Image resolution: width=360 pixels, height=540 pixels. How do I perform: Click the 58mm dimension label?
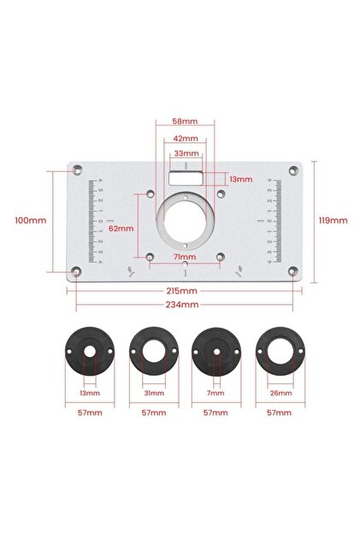[186, 122]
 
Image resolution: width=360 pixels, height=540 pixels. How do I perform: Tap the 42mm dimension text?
[186, 139]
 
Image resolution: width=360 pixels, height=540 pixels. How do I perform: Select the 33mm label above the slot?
[186, 153]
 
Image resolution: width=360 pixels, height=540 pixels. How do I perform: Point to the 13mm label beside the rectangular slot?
[241, 179]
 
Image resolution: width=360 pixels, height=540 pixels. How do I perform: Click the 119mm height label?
[333, 221]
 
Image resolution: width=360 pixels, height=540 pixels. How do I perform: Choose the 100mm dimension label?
[31, 221]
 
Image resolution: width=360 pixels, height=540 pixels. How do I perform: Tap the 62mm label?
[121, 228]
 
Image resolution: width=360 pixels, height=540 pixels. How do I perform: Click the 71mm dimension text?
[185, 257]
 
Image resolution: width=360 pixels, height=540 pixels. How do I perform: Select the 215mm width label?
[182, 291]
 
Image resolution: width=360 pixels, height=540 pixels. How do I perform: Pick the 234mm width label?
[182, 305]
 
